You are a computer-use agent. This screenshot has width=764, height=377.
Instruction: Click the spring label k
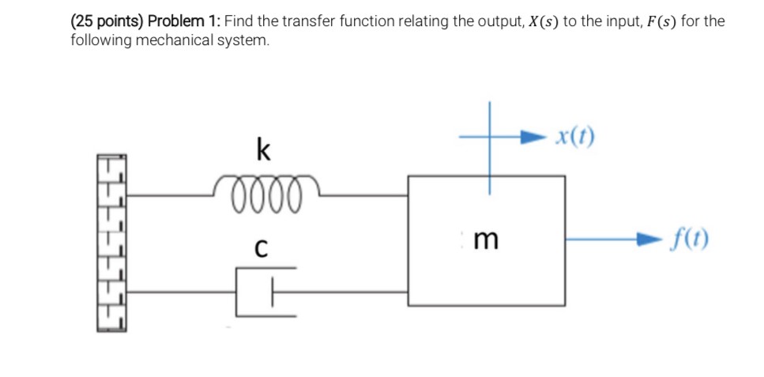pyautogui.click(x=264, y=148)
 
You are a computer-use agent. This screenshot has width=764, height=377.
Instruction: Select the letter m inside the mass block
pyautogui.click(x=488, y=239)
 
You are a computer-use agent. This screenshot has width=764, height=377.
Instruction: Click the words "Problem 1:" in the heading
pyautogui.click(x=183, y=21)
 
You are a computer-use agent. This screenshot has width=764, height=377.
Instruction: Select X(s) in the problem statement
pyautogui.click(x=535, y=21)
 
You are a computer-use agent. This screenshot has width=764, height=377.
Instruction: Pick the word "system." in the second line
pyautogui.click(x=242, y=40)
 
